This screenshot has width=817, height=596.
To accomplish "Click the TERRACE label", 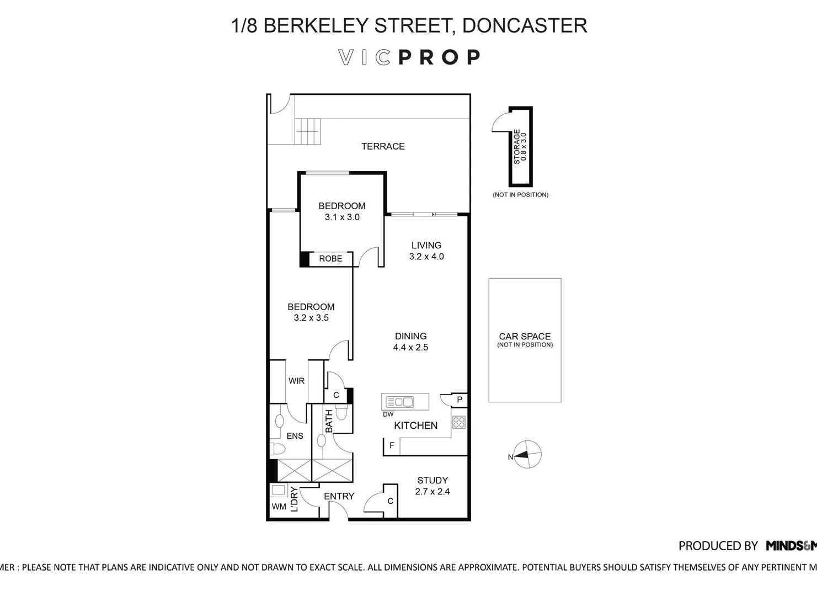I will coord(383,146).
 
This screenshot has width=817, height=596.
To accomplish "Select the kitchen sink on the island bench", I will coord(400,402).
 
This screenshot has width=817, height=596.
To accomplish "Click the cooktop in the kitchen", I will coord(459,423).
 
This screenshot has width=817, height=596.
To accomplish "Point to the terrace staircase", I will coord(307,131).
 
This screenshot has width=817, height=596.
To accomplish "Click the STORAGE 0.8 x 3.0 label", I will coord(520,147).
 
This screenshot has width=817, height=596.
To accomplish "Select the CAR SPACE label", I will coord(525,336).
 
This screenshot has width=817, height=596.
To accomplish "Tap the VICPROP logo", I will coord(409,57).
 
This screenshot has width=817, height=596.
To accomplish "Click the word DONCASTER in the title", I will coord(524,25).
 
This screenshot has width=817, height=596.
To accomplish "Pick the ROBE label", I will coord(330,258).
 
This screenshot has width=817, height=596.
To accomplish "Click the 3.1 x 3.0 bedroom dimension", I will coord(342,217).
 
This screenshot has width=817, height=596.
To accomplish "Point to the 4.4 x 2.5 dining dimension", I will coord(410,347).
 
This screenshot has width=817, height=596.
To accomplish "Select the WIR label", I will coord(296,381).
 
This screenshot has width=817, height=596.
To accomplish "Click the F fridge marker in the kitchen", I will coord(392,445).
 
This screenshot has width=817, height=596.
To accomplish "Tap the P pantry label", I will coord(459,400).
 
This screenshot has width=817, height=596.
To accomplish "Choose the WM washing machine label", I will coord(279,506).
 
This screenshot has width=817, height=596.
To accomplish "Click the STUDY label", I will coord(432,480).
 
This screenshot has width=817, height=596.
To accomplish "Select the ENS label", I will coord(295,436).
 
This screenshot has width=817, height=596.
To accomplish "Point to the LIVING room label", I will coord(426,245).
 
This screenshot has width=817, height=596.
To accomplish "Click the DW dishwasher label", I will coord(388,414).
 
